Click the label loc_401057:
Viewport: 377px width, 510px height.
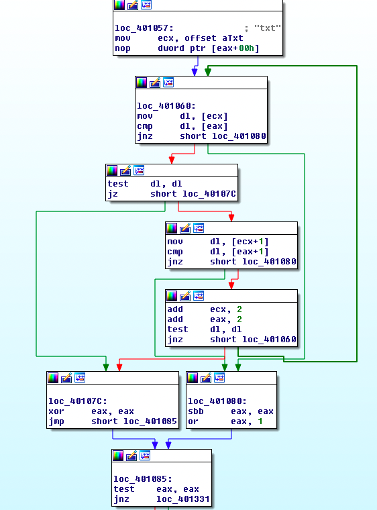[x=144, y=28]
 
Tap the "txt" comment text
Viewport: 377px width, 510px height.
[x=268, y=28]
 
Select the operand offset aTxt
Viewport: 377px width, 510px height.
[x=214, y=38]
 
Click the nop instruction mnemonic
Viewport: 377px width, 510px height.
[x=123, y=48]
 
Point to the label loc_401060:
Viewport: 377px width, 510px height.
[x=166, y=106]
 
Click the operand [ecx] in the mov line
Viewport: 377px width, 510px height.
[x=215, y=116]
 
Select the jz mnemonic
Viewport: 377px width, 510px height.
[x=113, y=194]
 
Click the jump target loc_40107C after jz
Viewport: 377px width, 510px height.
[x=209, y=194]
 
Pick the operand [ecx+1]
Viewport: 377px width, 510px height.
[x=250, y=242]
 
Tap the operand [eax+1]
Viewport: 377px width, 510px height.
[x=250, y=252]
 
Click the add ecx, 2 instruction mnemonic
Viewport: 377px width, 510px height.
[x=175, y=309]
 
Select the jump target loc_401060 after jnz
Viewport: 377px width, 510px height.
[x=269, y=340]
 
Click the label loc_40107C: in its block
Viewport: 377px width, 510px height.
[x=78, y=401]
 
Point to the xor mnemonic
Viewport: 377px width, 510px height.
[x=56, y=411]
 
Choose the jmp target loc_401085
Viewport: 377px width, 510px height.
[x=150, y=421]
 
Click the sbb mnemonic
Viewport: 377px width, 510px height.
[x=196, y=411]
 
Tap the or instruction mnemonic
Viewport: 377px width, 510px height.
[x=193, y=421]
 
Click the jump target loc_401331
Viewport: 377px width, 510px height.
[x=183, y=499]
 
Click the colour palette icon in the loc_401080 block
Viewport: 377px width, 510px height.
[x=193, y=378]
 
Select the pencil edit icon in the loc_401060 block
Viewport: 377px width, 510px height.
[x=155, y=83]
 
